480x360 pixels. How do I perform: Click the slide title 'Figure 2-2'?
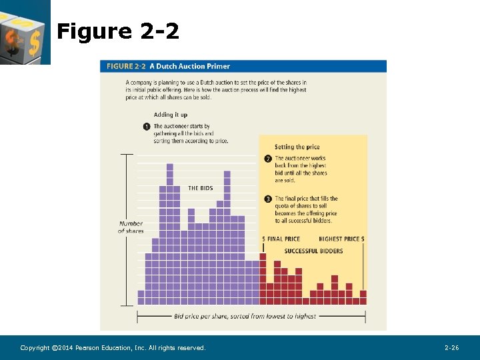tap(118, 31)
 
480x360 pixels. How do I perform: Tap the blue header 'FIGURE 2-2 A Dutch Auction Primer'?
tap(169, 66)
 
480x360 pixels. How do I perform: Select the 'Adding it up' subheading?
tap(171, 115)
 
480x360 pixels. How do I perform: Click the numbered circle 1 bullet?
tap(146, 127)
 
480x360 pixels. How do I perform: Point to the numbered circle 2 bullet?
tap(268, 159)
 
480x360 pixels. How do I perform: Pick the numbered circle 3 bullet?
tap(268, 199)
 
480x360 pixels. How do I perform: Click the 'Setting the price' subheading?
tap(297, 147)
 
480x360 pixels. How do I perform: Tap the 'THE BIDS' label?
tap(200, 188)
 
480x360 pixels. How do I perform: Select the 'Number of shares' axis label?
tap(131, 227)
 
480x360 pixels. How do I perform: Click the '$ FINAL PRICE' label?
tap(281, 239)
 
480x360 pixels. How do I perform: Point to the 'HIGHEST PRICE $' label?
tap(341, 239)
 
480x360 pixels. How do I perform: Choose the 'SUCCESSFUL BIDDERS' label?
tap(313, 251)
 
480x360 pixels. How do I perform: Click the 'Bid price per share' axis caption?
tap(245, 316)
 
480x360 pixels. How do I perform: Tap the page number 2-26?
tap(451, 348)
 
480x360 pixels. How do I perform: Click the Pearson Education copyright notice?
tap(113, 348)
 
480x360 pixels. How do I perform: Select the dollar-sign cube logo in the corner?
tap(24, 31)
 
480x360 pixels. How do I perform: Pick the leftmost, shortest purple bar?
tap(141, 297)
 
